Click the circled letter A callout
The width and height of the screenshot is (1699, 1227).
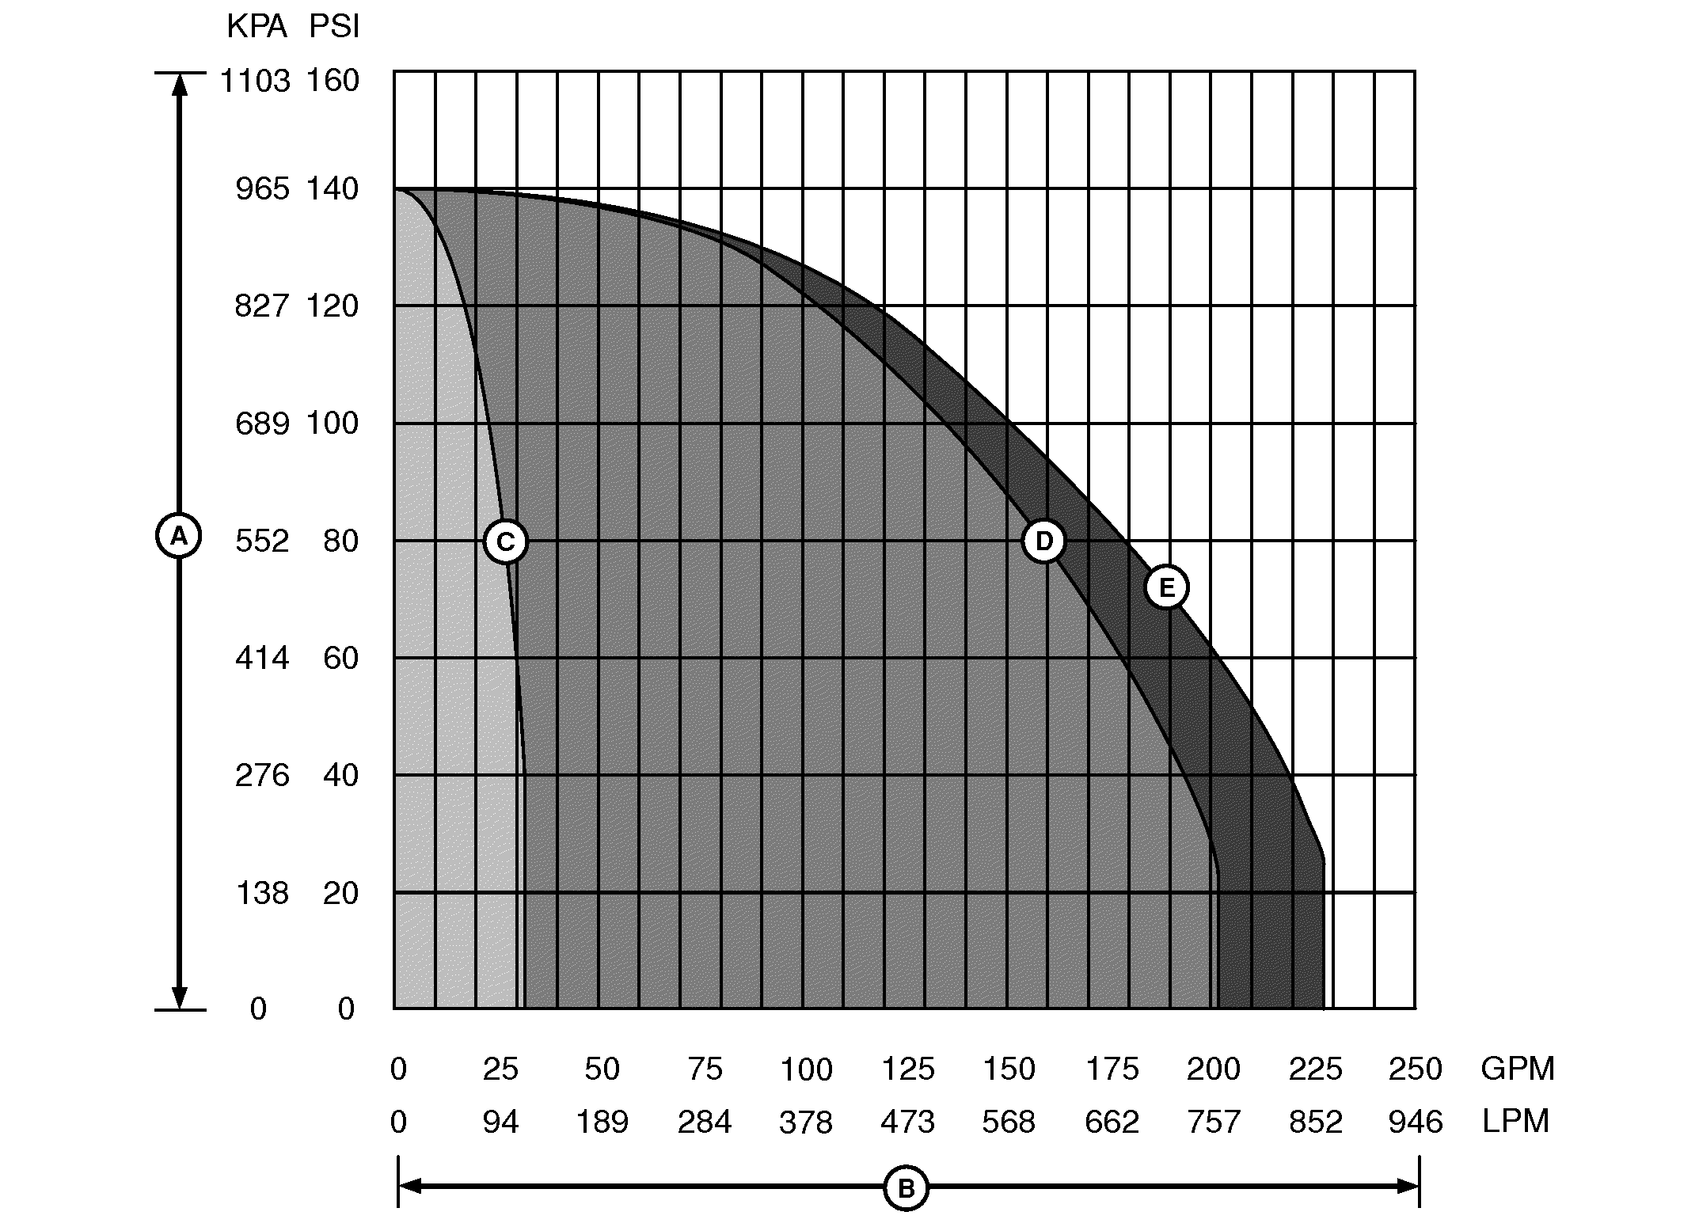click(x=179, y=537)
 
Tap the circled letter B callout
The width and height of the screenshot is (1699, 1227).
click(x=906, y=1188)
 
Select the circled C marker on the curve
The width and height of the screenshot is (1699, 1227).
click(x=505, y=541)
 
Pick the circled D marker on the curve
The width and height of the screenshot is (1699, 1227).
click(x=1044, y=541)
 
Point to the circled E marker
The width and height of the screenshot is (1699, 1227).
click(x=1167, y=587)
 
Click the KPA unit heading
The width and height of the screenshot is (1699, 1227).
click(x=257, y=28)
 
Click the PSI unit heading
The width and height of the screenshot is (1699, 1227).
click(x=334, y=28)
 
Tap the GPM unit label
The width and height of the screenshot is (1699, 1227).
click(x=1517, y=1069)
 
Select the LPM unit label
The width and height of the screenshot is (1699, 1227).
click(x=1515, y=1122)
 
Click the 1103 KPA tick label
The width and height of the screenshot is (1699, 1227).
click(x=255, y=81)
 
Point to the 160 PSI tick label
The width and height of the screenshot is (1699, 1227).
click(x=333, y=81)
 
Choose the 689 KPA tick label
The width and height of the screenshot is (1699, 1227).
click(x=262, y=424)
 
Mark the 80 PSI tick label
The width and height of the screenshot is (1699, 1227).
click(x=340, y=541)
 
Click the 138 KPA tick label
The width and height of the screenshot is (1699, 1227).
click(x=262, y=894)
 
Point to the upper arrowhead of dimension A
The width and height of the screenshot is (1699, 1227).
click(x=180, y=84)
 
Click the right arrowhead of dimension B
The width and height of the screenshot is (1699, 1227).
click(x=1408, y=1186)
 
